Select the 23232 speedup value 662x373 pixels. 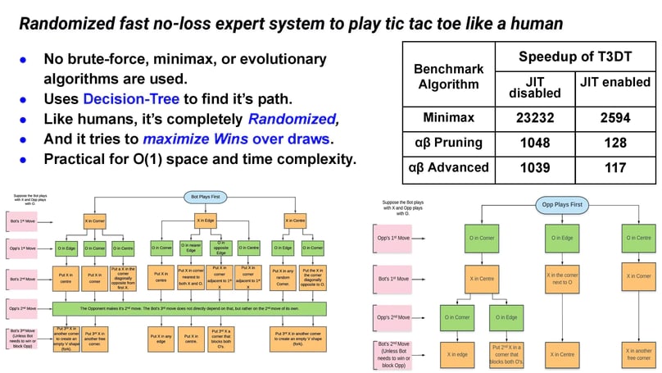click(x=537, y=117)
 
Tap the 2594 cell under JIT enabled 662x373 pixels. click(x=614, y=117)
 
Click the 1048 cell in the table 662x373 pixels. click(x=537, y=143)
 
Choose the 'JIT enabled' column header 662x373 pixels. click(x=614, y=82)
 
